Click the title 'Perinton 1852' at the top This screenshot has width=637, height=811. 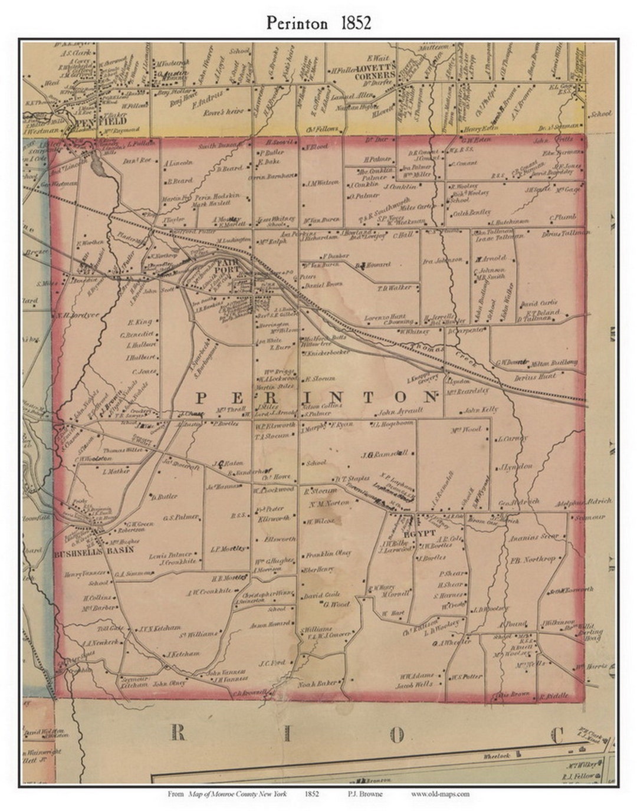pos(318,22)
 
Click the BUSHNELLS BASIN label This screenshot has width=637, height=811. pos(94,550)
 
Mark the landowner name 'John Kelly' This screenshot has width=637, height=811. pos(480,409)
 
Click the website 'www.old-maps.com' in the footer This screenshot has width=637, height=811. pos(440,794)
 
